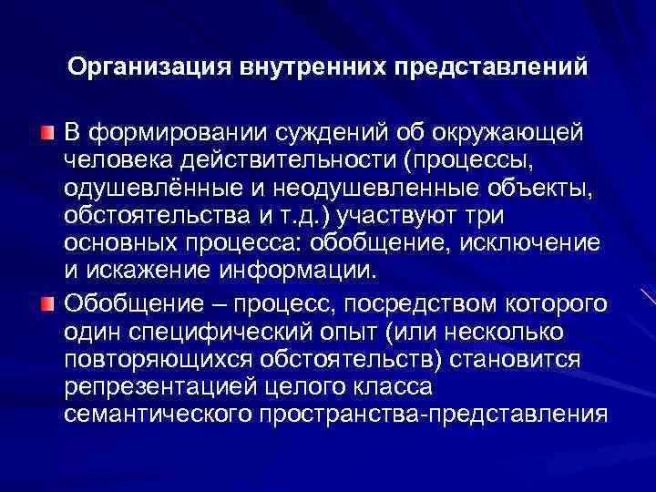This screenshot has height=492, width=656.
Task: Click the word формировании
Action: coord(177,135)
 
